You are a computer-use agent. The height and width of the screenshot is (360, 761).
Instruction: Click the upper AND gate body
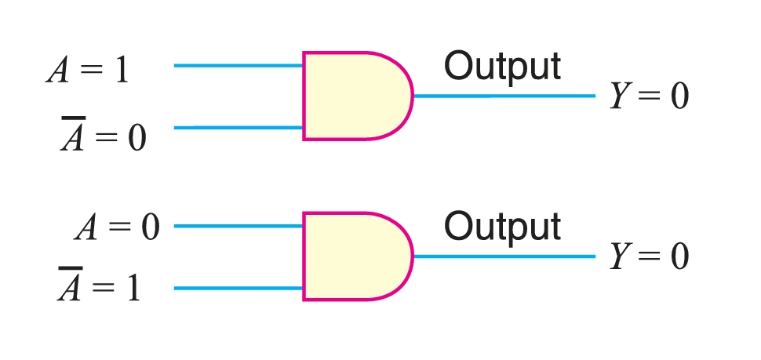pyautogui.click(x=353, y=96)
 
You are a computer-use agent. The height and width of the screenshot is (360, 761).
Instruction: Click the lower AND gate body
pyautogui.click(x=353, y=256)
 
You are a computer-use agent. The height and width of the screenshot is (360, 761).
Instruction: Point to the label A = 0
pyautogui.click(x=117, y=229)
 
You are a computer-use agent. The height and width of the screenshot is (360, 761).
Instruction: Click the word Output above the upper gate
pyautogui.click(x=502, y=67)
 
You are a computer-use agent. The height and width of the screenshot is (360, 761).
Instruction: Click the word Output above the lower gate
pyautogui.click(x=502, y=227)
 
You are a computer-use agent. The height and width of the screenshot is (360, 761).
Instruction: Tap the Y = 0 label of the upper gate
pyautogui.click(x=650, y=96)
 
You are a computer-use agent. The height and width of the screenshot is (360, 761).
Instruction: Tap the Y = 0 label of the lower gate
pyautogui.click(x=650, y=256)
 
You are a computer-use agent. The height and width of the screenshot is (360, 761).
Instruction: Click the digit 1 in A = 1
pyautogui.click(x=122, y=71)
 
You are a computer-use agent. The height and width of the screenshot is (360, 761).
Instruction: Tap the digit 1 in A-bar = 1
pyautogui.click(x=134, y=289)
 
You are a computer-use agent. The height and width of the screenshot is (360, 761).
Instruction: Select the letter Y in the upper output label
pyautogui.click(x=619, y=96)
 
